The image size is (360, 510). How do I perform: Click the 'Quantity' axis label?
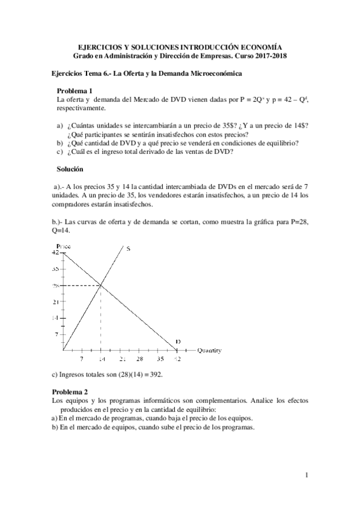click(x=210, y=350)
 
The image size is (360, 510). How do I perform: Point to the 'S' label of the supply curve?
click(x=128, y=248)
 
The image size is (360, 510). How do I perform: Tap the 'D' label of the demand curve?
click(x=178, y=342)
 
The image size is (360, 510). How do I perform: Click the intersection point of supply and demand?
click(x=100, y=285)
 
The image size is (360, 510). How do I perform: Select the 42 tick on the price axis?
click(x=56, y=253)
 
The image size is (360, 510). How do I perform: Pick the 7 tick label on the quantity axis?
click(x=82, y=359)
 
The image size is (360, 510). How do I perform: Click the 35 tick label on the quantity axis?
click(x=159, y=359)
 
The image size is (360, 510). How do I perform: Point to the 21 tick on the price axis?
click(x=56, y=301)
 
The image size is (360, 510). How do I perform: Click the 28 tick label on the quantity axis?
click(x=140, y=359)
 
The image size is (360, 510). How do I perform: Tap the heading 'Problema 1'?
click(x=75, y=91)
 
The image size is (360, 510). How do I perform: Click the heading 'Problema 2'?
click(x=70, y=392)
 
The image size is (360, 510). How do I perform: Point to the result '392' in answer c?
click(x=156, y=374)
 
